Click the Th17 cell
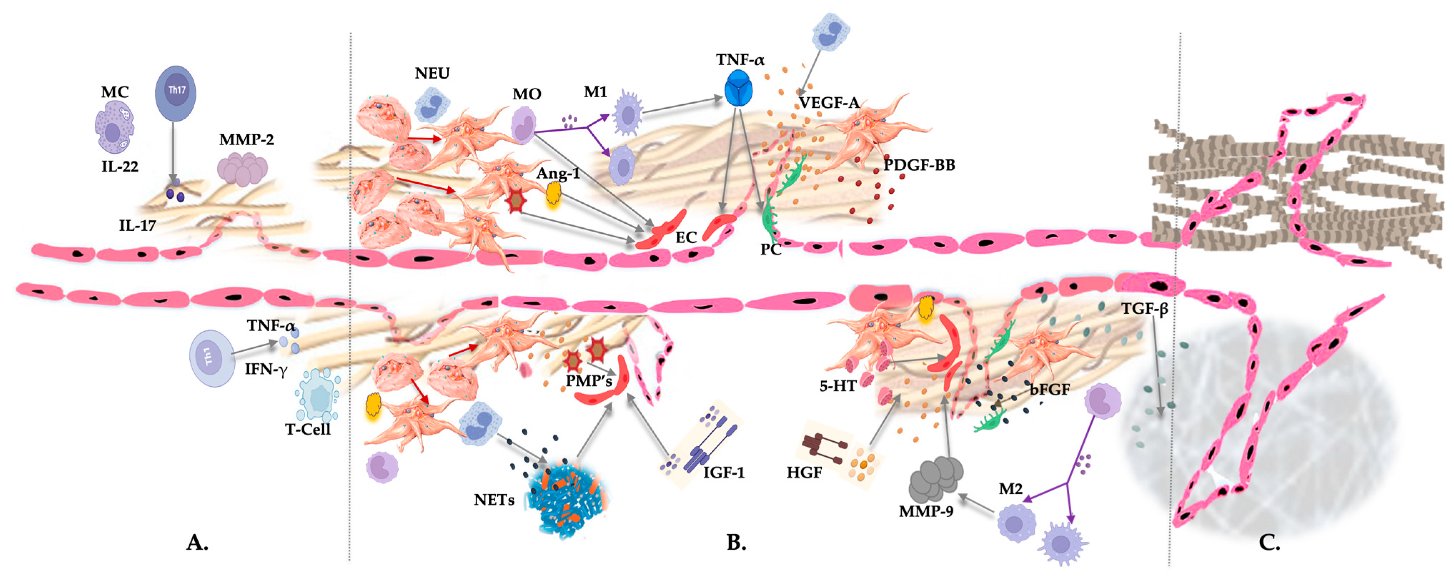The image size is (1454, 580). pos(175,93)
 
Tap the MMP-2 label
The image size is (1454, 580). pos(246,139)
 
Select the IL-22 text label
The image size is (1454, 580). pos(120,167)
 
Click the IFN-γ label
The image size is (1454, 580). pos(266,370)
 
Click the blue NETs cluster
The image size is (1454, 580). pos(567,497)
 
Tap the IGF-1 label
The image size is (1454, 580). pos(724,472)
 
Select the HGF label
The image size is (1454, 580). pos(804,472)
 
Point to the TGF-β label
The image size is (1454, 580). pos(1144,309)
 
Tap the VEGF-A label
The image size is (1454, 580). pos(828,103)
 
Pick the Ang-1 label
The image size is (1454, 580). pos(558,173)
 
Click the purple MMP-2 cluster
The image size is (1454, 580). pos(243,169)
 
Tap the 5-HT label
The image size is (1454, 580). pos(838,386)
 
